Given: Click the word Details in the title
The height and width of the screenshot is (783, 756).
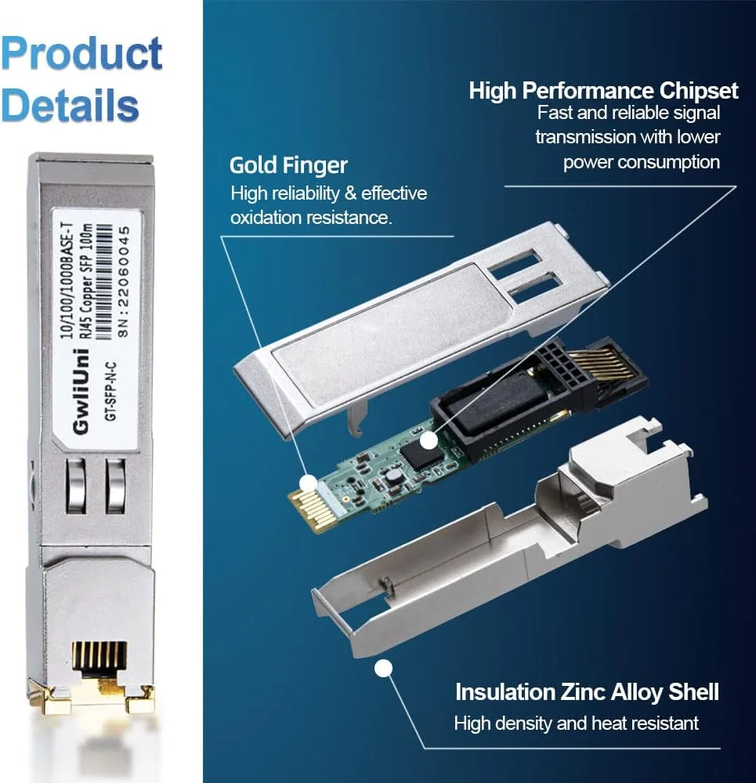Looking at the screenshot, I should click(x=71, y=104).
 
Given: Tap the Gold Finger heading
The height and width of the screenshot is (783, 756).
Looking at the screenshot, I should click(x=288, y=165).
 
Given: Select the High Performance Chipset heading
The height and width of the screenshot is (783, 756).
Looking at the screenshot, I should click(x=603, y=91).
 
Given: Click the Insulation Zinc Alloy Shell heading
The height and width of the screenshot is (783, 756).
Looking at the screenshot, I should click(x=587, y=692).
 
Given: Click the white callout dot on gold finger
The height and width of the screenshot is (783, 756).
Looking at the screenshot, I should click(x=308, y=483).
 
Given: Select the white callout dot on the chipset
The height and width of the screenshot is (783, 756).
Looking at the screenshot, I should click(x=428, y=441).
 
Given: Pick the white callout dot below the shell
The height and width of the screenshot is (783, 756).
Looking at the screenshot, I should click(x=383, y=669).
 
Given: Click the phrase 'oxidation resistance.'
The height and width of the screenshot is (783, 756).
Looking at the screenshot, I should click(x=310, y=218).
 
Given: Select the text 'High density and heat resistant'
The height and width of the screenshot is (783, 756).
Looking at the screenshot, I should click(x=576, y=723).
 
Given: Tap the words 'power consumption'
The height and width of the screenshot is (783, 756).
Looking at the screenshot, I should click(x=641, y=162).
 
